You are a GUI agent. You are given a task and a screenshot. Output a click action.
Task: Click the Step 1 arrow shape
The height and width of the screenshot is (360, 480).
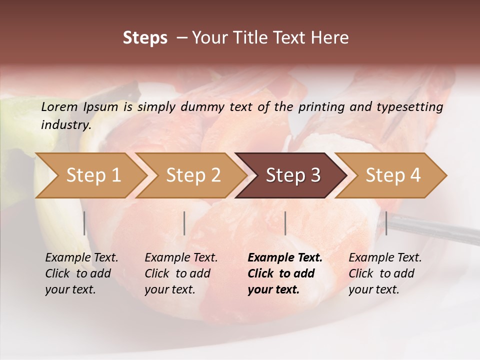point(93,175)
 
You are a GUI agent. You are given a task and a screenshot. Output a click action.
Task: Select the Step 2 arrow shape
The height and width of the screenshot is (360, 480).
point(193,175)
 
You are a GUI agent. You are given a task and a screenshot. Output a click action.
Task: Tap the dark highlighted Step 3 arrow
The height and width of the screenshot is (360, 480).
point(293,175)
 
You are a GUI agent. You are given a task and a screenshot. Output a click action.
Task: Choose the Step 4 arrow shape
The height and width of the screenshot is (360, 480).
point(393,175)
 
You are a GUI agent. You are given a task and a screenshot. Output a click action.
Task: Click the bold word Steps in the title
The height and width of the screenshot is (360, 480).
point(145,38)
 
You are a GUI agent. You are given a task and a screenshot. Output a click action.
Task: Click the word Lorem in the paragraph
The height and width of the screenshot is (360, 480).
point(59,106)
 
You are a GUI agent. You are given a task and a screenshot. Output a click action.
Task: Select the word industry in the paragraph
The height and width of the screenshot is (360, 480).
point(65,125)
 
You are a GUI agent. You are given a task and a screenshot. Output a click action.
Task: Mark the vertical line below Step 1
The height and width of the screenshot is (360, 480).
point(84,223)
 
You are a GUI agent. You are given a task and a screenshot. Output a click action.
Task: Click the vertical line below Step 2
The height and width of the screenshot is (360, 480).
point(184,223)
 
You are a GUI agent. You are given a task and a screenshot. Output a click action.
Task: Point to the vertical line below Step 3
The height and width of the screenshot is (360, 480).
point(285,223)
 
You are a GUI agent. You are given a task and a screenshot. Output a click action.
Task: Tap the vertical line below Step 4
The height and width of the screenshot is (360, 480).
point(386,223)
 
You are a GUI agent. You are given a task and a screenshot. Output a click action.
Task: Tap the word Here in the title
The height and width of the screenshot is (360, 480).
point(331,38)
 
